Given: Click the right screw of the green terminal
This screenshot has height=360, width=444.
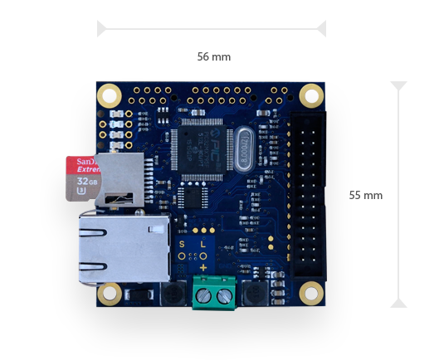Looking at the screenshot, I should [222, 296].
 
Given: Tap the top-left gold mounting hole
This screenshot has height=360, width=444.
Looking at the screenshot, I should [108, 95].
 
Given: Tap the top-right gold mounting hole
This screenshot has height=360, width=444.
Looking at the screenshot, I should [310, 94].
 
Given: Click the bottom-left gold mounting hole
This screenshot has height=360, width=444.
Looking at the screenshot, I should [108, 294].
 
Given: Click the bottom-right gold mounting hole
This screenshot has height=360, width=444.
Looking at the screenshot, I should [311, 293].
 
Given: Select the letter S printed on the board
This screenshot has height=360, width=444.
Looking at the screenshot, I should [183, 245].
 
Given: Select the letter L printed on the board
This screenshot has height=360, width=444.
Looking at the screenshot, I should [203, 245].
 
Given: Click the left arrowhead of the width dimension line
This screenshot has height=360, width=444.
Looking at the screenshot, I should [102, 29].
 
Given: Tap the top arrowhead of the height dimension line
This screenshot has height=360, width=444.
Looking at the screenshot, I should [399, 86].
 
